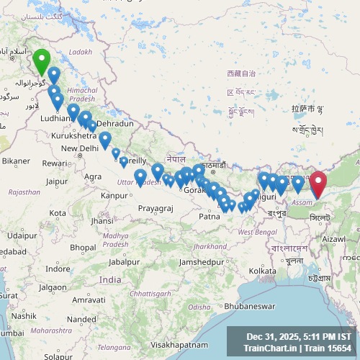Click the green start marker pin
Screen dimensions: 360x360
[x=42, y=62]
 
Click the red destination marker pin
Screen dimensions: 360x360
[x=318, y=184]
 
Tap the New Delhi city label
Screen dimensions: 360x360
[x=79, y=148]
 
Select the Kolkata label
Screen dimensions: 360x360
[x=264, y=270]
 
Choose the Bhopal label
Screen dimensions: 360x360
[x=84, y=247]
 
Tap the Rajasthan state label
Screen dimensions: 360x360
[x=24, y=192]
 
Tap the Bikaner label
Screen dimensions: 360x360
[x=16, y=161]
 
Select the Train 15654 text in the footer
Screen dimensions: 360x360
[x=330, y=348]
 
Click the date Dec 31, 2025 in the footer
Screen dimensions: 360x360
[x=272, y=336]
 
